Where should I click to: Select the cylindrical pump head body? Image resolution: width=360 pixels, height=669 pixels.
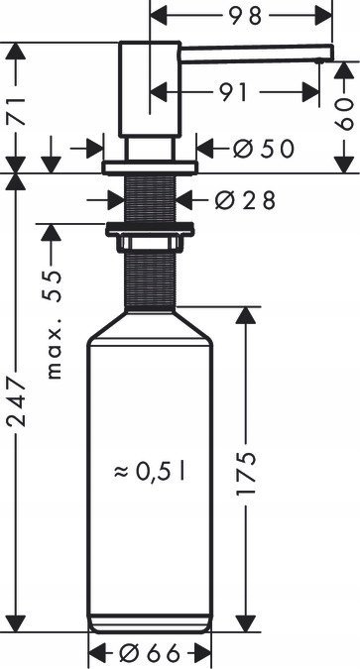[149, 89]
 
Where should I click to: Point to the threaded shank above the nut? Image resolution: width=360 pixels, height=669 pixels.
[150, 197]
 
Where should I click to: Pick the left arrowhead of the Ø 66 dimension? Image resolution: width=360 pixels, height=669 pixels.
[95, 654]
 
